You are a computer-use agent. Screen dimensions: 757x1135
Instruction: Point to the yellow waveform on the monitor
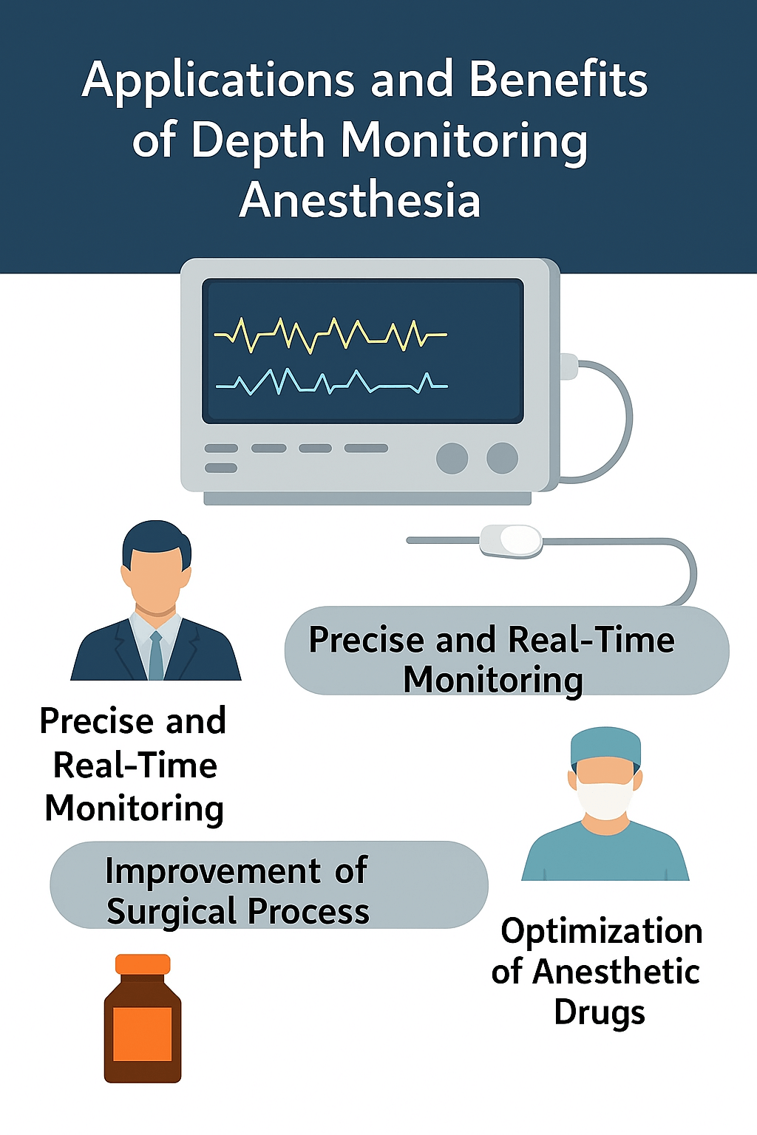(330, 335)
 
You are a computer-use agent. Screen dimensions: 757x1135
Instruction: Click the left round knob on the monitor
(452, 458)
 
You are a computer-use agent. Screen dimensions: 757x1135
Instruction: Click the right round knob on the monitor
(502, 458)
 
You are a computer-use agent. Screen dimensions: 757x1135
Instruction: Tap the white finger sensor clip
(511, 541)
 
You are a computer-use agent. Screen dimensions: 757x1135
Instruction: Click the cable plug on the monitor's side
(569, 367)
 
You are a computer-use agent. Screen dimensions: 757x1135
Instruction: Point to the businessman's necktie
(156, 655)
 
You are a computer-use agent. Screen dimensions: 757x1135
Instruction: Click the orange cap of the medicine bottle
(143, 964)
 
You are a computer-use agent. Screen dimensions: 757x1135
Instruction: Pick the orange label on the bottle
(143, 1034)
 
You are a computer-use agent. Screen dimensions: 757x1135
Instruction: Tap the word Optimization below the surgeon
(602, 933)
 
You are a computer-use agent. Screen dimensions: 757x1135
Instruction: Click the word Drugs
(600, 1012)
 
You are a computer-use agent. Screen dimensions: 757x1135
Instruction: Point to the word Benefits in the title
(558, 79)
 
